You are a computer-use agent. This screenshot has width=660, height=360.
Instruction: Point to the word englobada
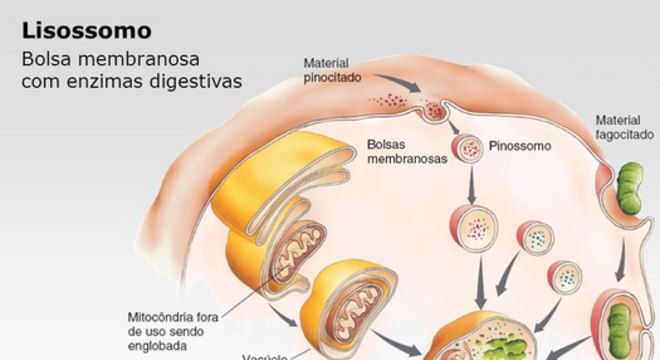pos(159,348)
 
